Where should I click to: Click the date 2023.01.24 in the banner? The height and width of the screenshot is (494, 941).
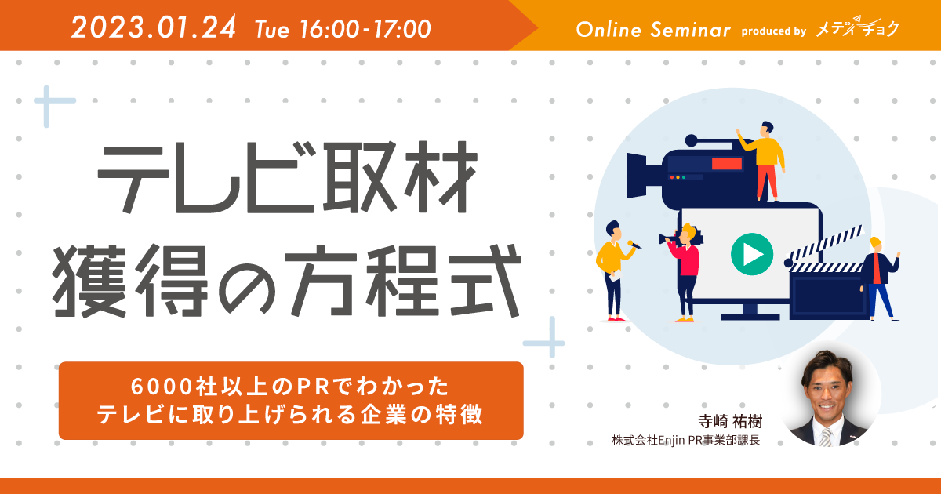point(154,27)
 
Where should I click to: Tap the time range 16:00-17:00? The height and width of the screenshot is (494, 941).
point(365,29)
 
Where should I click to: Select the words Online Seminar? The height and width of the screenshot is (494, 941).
point(653,30)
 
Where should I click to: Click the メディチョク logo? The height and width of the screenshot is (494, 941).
point(857,27)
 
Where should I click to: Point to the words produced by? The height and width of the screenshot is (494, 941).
point(774,31)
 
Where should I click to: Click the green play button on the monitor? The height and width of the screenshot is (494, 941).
point(752,254)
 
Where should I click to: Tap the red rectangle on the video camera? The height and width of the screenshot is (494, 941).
point(727,163)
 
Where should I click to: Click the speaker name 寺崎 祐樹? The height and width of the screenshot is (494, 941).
point(730,421)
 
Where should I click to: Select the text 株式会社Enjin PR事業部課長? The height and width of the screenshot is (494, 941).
point(686,440)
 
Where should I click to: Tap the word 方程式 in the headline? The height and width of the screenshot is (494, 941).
point(403,280)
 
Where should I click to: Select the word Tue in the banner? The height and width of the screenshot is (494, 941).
point(272,30)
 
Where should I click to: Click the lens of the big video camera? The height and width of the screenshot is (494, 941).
point(637,176)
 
